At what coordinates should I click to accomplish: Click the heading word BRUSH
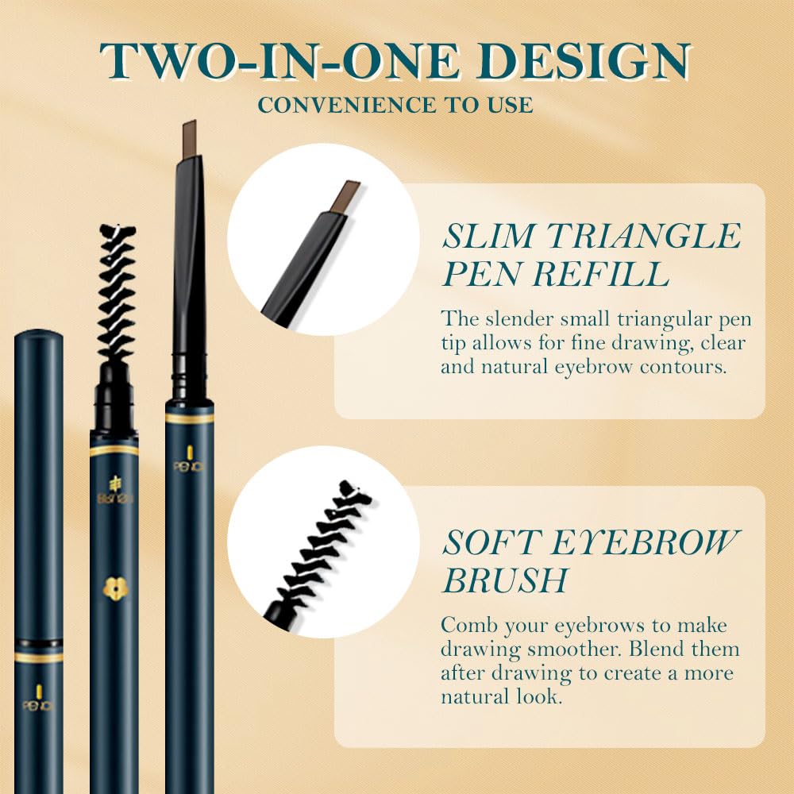click(x=505, y=580)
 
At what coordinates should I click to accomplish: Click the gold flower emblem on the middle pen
click(x=114, y=587)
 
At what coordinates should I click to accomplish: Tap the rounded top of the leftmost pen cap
click(x=38, y=338)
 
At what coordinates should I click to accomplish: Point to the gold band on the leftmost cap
click(x=38, y=657)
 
